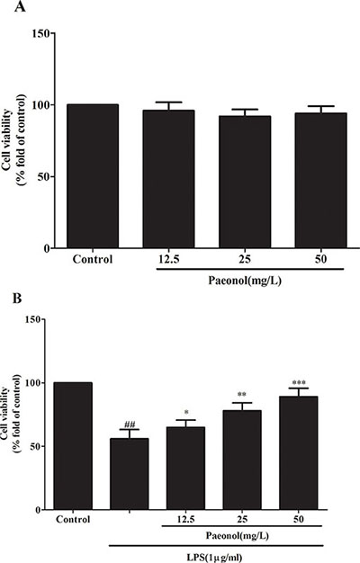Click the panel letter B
coord(17,299)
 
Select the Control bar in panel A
coord(93,176)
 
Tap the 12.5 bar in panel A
coord(168,179)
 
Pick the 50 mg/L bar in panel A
coord(320,180)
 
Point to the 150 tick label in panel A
coord(40,33)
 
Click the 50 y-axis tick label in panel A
coord(43,176)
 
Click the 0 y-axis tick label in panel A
coord(46,248)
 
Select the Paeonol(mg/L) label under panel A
coord(245,281)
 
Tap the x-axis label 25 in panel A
coord(245,259)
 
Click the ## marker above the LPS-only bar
coord(130,424)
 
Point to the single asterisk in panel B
coord(185,412)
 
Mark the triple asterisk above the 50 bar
coord(299,383)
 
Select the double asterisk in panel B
coord(242,395)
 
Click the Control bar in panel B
coord(73,446)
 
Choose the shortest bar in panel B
coord(130,474)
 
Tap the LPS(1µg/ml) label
coord(214,558)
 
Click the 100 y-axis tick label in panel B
coord(34,383)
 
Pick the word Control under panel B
coord(73,519)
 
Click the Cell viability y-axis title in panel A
coord(7,140)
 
